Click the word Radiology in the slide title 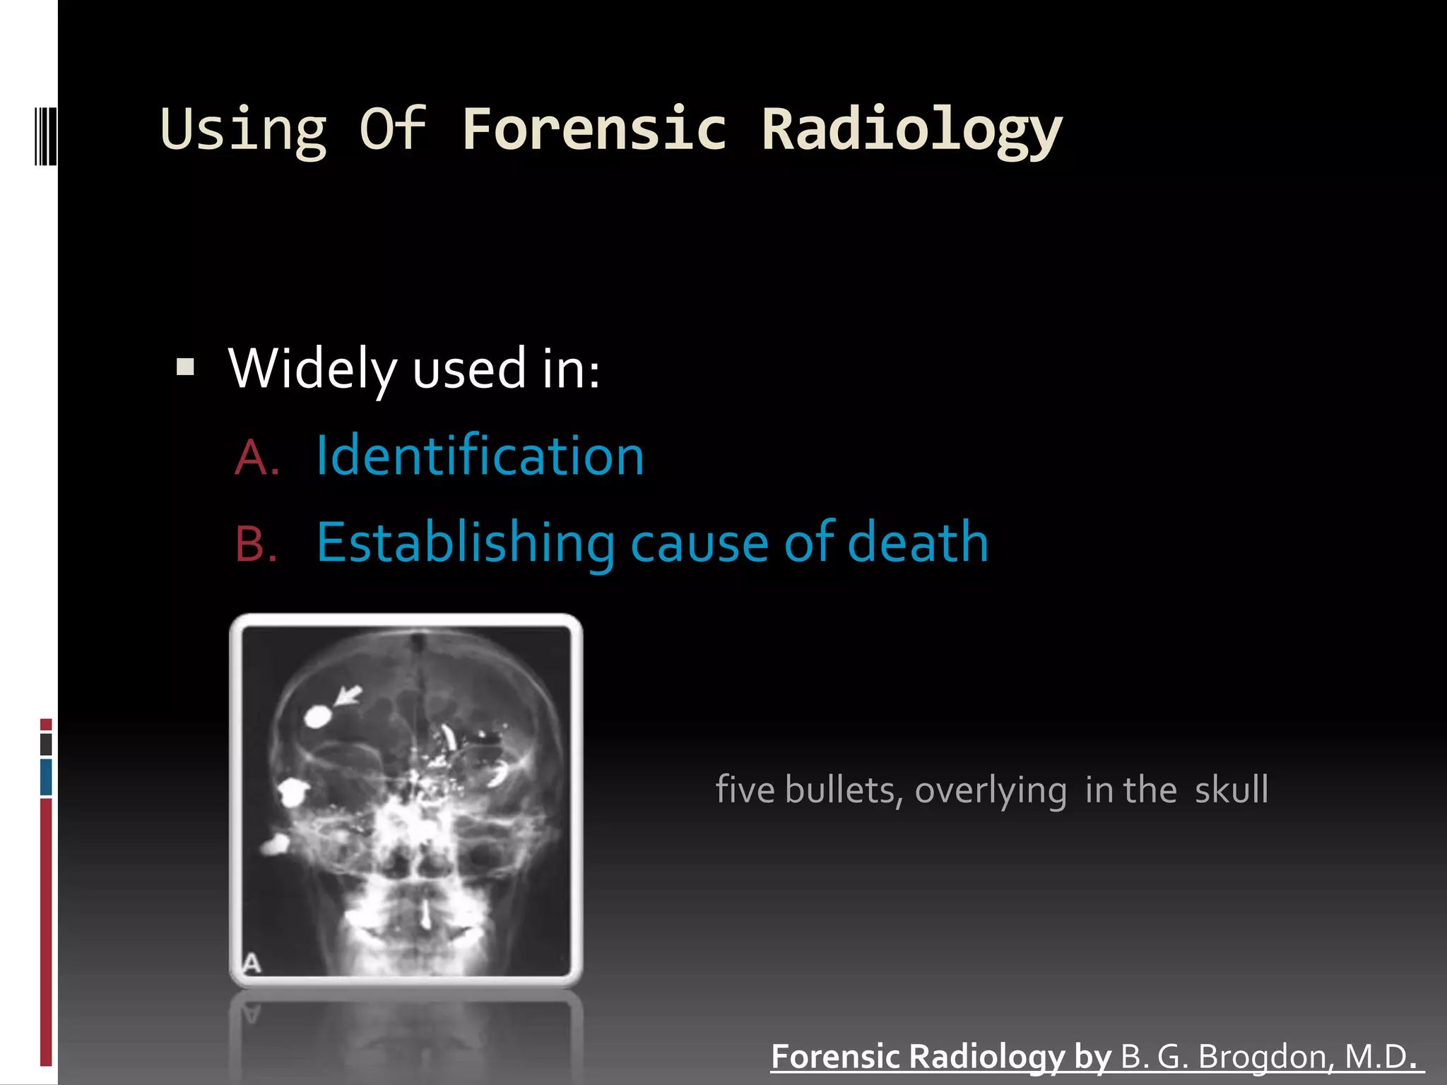[911, 131]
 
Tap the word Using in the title [244, 131]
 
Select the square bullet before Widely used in [185, 367]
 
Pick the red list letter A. [256, 458]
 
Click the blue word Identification [480, 456]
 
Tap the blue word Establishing [466, 543]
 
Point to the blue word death [918, 542]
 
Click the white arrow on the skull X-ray [347, 696]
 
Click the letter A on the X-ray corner [252, 963]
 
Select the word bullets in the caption [844, 790]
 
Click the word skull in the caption [1231, 790]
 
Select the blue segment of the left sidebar [46, 776]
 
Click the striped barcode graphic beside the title [46, 136]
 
